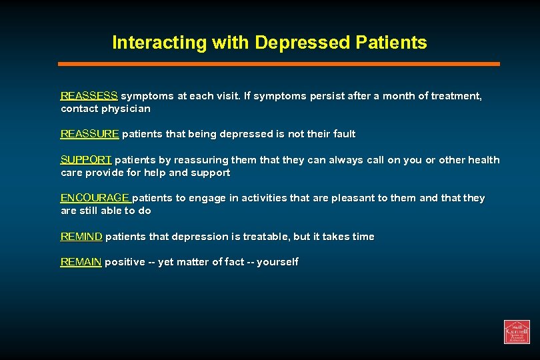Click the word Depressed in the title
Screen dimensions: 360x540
tap(302, 43)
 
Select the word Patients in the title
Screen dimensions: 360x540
tap(391, 43)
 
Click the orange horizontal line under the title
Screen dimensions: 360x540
tap(279, 64)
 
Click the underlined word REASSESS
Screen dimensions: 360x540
tap(89, 96)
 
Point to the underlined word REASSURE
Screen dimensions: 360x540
tap(89, 134)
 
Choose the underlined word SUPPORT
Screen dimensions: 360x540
tap(86, 160)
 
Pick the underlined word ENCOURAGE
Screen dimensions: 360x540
tap(95, 198)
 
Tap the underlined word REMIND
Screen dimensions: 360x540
tap(81, 237)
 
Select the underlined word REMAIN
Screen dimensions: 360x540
tap(81, 262)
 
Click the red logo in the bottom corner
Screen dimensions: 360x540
tap(517, 331)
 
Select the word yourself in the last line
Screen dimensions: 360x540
tap(277, 262)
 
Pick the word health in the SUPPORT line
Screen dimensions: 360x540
tap(483, 160)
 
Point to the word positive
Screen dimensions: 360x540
tap(125, 262)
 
